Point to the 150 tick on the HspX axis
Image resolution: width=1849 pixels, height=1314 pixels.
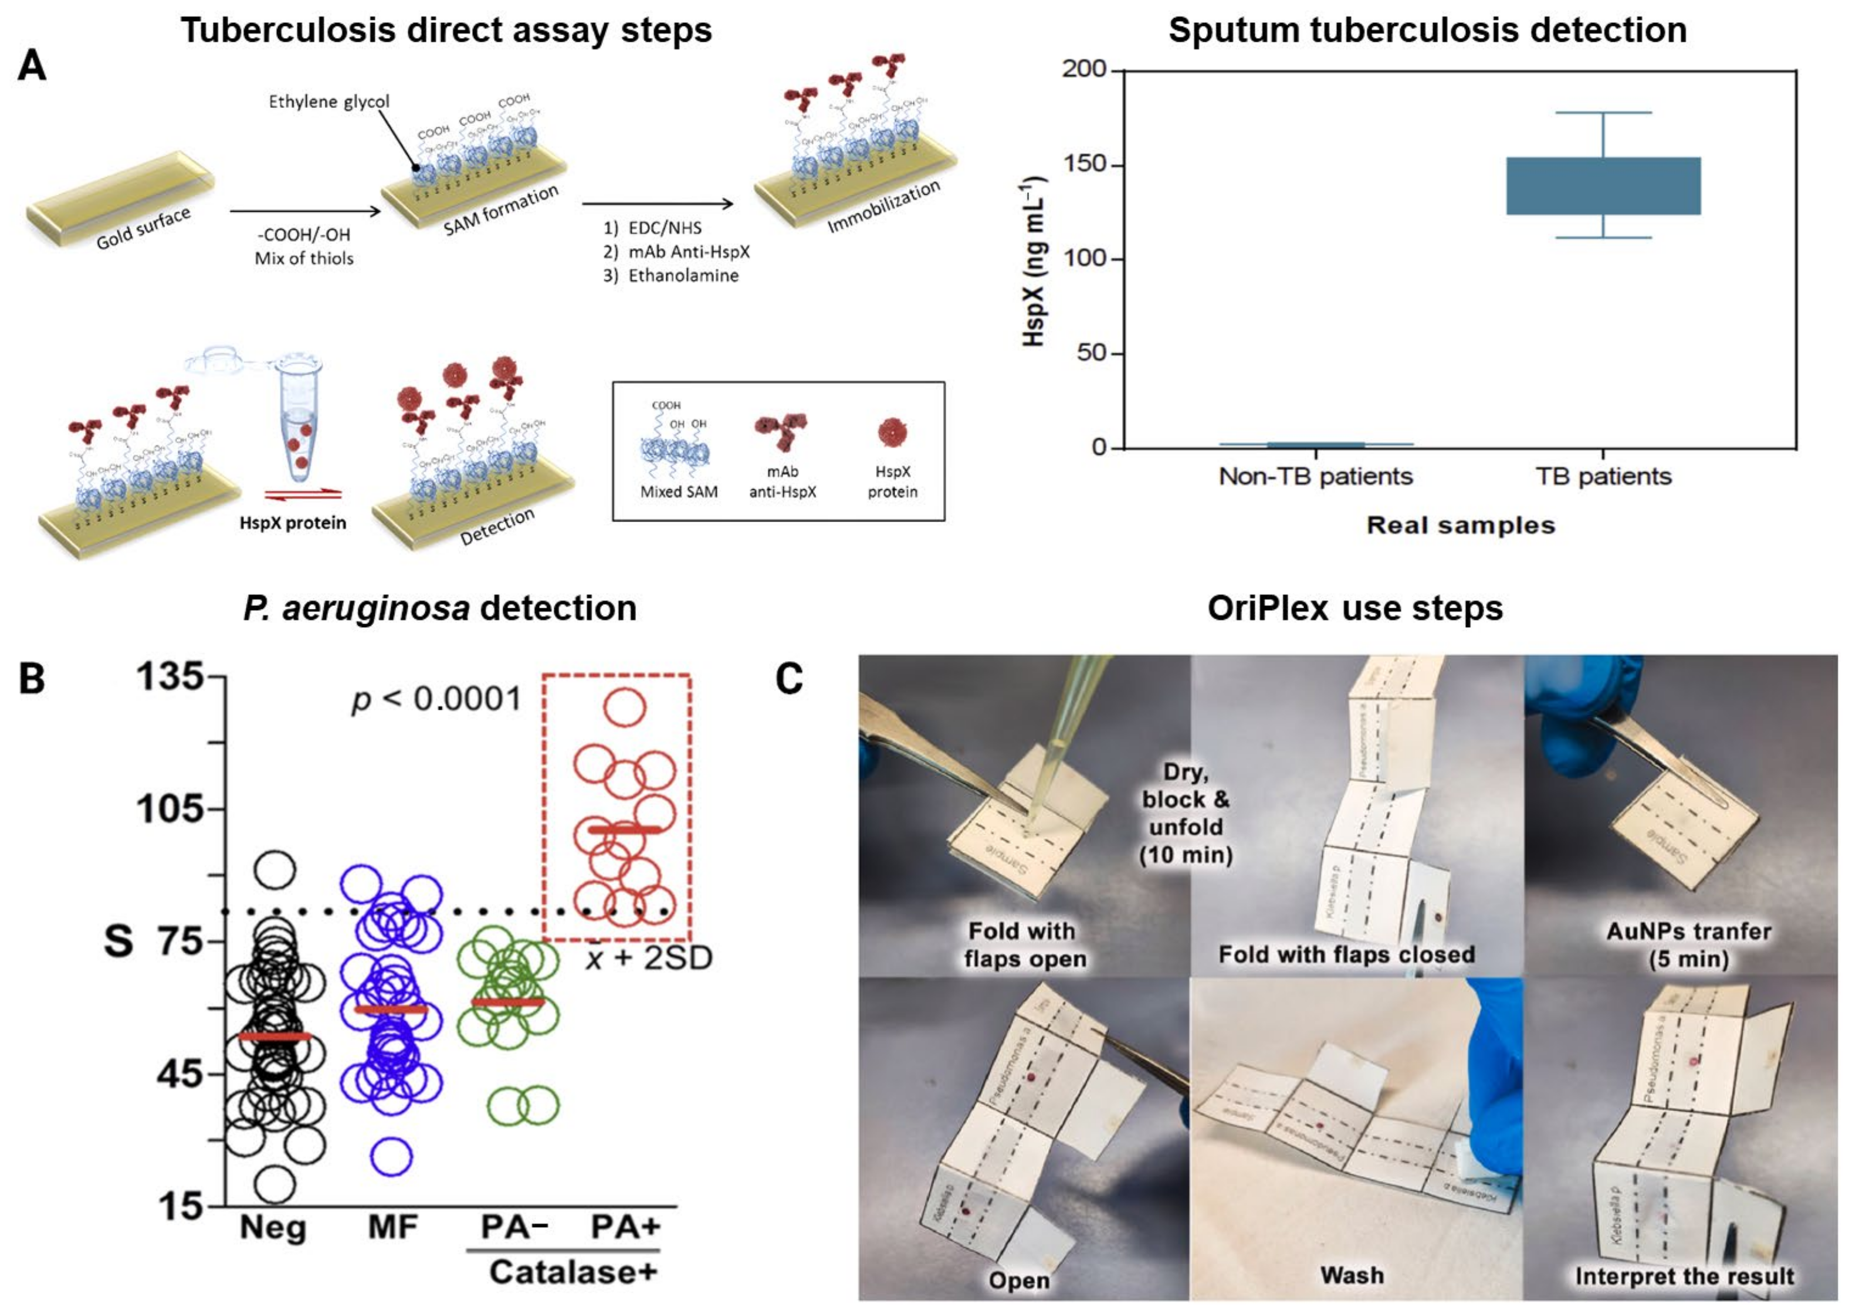click(x=1096, y=164)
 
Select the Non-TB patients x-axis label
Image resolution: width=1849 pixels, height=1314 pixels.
click(x=1315, y=476)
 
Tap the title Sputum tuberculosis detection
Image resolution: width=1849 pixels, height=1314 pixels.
click(x=1427, y=31)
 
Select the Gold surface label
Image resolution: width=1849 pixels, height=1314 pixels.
click(x=143, y=228)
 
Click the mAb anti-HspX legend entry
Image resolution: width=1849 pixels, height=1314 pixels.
click(x=782, y=480)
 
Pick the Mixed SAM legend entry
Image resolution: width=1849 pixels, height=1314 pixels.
click(x=678, y=491)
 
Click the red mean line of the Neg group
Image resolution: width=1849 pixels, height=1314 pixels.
click(x=275, y=1037)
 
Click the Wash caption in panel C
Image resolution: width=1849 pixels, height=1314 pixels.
click(x=1352, y=1276)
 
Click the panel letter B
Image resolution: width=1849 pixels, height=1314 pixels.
click(x=32, y=678)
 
